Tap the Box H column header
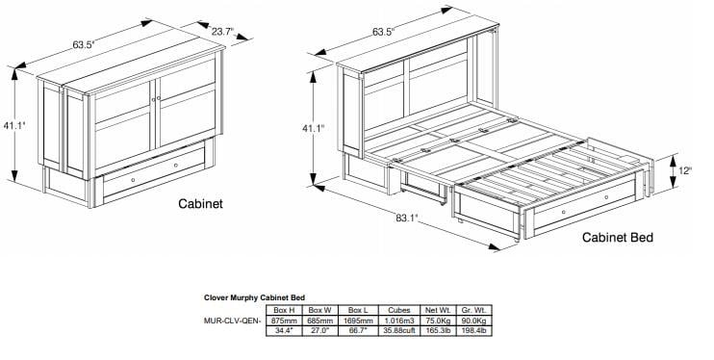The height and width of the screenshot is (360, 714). pos(285,310)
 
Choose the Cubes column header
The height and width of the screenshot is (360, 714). pos(398,310)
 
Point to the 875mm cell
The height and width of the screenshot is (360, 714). pos(285,321)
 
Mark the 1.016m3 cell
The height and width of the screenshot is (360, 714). pos(398,321)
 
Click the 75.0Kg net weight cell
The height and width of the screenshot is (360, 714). pos(437,321)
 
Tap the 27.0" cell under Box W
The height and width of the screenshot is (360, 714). pos(319,331)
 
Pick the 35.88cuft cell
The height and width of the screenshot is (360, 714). pos(398,331)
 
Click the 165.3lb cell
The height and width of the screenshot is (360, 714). pos(437,331)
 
